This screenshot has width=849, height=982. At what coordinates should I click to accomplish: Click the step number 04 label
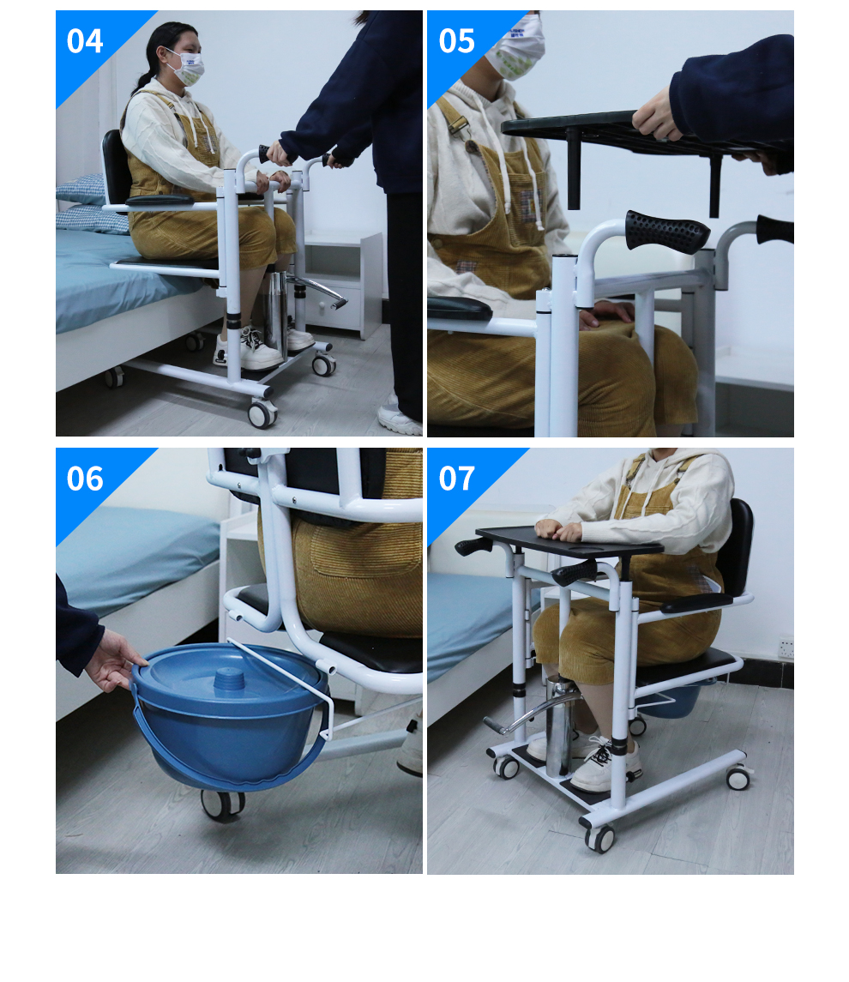[x=85, y=41]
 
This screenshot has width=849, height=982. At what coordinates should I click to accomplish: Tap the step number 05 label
[x=456, y=41]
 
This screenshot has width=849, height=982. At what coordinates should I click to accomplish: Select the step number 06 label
[x=85, y=479]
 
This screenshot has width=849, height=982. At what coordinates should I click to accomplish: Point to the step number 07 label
[x=456, y=479]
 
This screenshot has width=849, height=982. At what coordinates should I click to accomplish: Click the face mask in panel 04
[x=186, y=68]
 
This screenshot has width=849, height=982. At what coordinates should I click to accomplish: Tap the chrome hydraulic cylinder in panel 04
[x=274, y=316]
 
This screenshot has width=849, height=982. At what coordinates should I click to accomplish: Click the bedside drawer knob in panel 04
[x=322, y=306]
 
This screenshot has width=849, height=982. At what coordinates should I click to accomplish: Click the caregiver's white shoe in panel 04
[x=399, y=417]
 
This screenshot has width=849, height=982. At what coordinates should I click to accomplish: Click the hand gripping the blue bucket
[x=112, y=661]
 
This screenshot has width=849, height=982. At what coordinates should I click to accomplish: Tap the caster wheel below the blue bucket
[x=223, y=804]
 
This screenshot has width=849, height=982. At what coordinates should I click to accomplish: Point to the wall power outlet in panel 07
[x=786, y=648]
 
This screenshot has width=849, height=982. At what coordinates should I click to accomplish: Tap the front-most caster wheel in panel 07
[x=599, y=839]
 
